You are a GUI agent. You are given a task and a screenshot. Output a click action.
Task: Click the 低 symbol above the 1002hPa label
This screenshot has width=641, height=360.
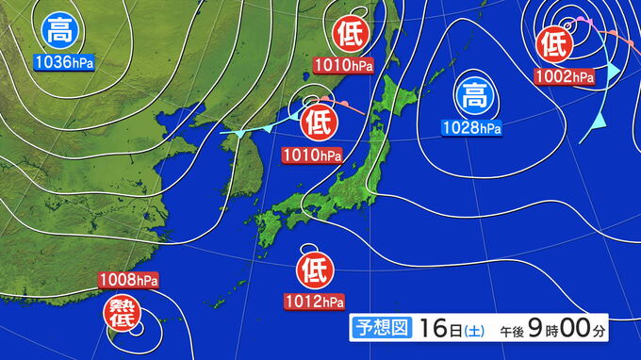point(555,43)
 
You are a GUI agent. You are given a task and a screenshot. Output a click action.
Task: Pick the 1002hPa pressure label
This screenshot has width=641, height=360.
point(564,75)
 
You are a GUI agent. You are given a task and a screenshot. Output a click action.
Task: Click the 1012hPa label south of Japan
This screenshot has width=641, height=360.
point(313,302)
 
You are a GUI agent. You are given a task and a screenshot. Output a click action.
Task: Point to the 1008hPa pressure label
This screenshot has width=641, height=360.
point(127,280)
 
